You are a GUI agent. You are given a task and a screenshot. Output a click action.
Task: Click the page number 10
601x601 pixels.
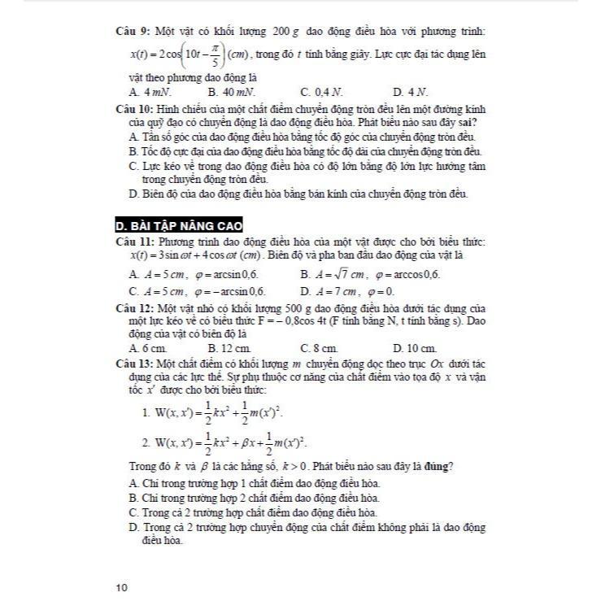pyautogui.click(x=122, y=587)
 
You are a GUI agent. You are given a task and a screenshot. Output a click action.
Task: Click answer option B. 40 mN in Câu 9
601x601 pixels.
pyautogui.click(x=232, y=92)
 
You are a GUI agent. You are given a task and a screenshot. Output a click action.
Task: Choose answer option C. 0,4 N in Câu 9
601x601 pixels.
pyautogui.click(x=319, y=92)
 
